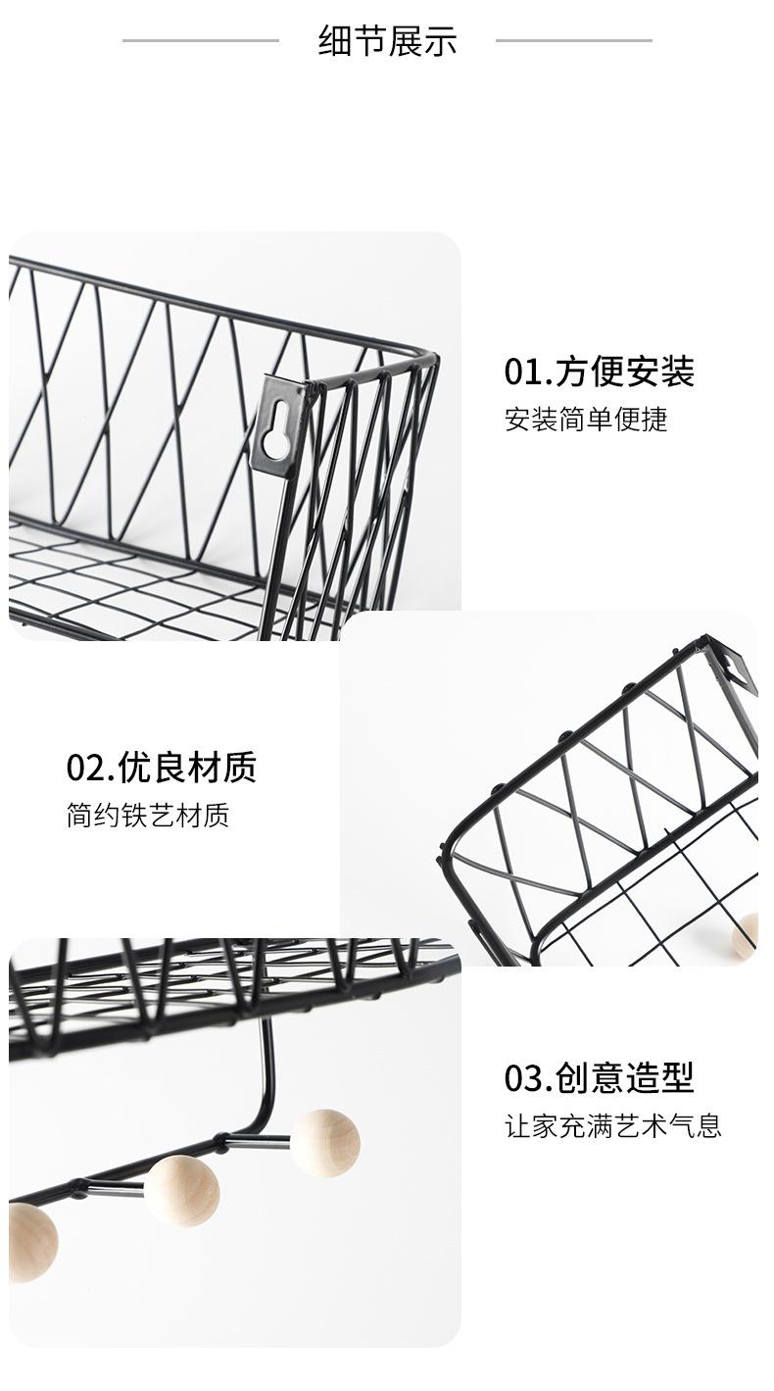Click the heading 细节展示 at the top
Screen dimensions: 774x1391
tap(387, 41)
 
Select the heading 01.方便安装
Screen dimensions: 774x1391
tap(599, 373)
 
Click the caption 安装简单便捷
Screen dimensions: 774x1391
tap(586, 420)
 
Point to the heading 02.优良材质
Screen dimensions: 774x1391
tap(161, 768)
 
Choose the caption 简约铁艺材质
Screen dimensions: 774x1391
tap(148, 816)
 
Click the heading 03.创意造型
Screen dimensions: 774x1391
tap(599, 1077)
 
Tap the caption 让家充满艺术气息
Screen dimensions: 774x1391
tap(612, 1125)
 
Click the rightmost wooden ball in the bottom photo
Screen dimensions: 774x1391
tap(325, 1142)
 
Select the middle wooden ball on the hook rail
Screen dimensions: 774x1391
tap(182, 1190)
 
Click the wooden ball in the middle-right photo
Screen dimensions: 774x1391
tap(747, 934)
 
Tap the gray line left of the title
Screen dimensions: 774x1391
tap(201, 41)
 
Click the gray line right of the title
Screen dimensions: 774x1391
tap(573, 41)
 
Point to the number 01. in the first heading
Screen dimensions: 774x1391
tap(528, 373)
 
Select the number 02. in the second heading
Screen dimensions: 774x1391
tap(90, 768)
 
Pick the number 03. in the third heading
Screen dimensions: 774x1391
tap(528, 1077)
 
